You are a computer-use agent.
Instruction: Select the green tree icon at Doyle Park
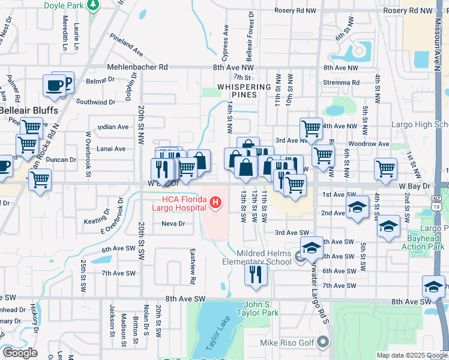pos(92,5)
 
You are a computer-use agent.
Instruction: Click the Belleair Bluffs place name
pos(29,111)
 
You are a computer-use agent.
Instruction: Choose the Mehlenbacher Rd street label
pos(137,68)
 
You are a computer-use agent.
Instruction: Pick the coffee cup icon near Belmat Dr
pos(54,85)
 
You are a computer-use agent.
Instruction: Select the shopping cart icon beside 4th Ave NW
pos(311,127)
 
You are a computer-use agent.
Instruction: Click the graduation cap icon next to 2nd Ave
pos(357,207)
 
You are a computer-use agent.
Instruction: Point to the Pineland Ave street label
pos(126,45)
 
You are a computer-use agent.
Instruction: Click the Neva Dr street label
pos(173,224)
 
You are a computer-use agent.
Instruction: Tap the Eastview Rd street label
pos(193,266)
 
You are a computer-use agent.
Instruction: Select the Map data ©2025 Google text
pos(411,355)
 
